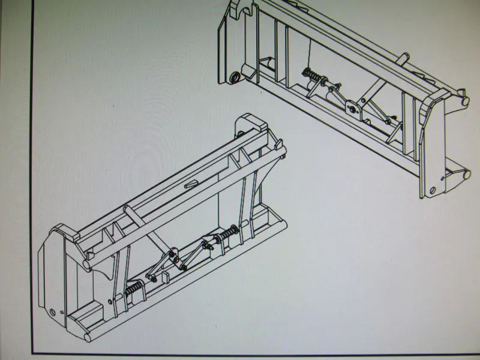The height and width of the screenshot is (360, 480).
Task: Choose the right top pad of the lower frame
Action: pos(250,122)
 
